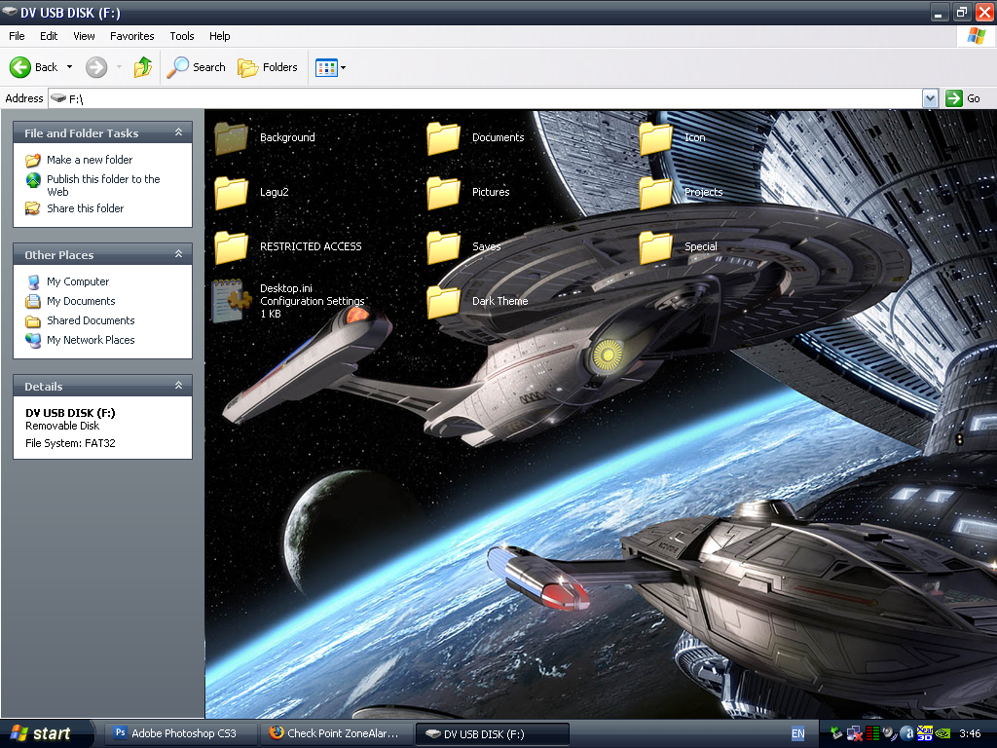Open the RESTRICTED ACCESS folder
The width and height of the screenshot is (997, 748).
[x=232, y=247]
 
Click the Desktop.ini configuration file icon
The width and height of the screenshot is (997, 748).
[x=232, y=301]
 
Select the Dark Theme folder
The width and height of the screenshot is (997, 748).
[x=444, y=302]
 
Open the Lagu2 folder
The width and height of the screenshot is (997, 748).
[x=232, y=193]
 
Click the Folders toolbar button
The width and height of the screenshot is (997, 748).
[x=268, y=67]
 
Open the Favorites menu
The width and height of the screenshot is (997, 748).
[x=131, y=36]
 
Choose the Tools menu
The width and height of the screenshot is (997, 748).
[x=182, y=36]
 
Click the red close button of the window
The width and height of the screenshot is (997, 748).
[x=984, y=12]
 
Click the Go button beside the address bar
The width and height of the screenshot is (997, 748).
[x=963, y=98]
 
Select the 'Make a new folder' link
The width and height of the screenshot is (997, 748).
[x=89, y=160]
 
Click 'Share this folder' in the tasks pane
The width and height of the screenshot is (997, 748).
[x=85, y=208]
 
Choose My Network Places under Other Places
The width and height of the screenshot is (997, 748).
[x=91, y=340]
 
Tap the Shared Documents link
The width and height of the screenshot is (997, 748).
[x=91, y=320]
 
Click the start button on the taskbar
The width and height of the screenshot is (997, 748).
[x=41, y=733]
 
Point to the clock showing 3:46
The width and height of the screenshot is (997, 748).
[x=970, y=733]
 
